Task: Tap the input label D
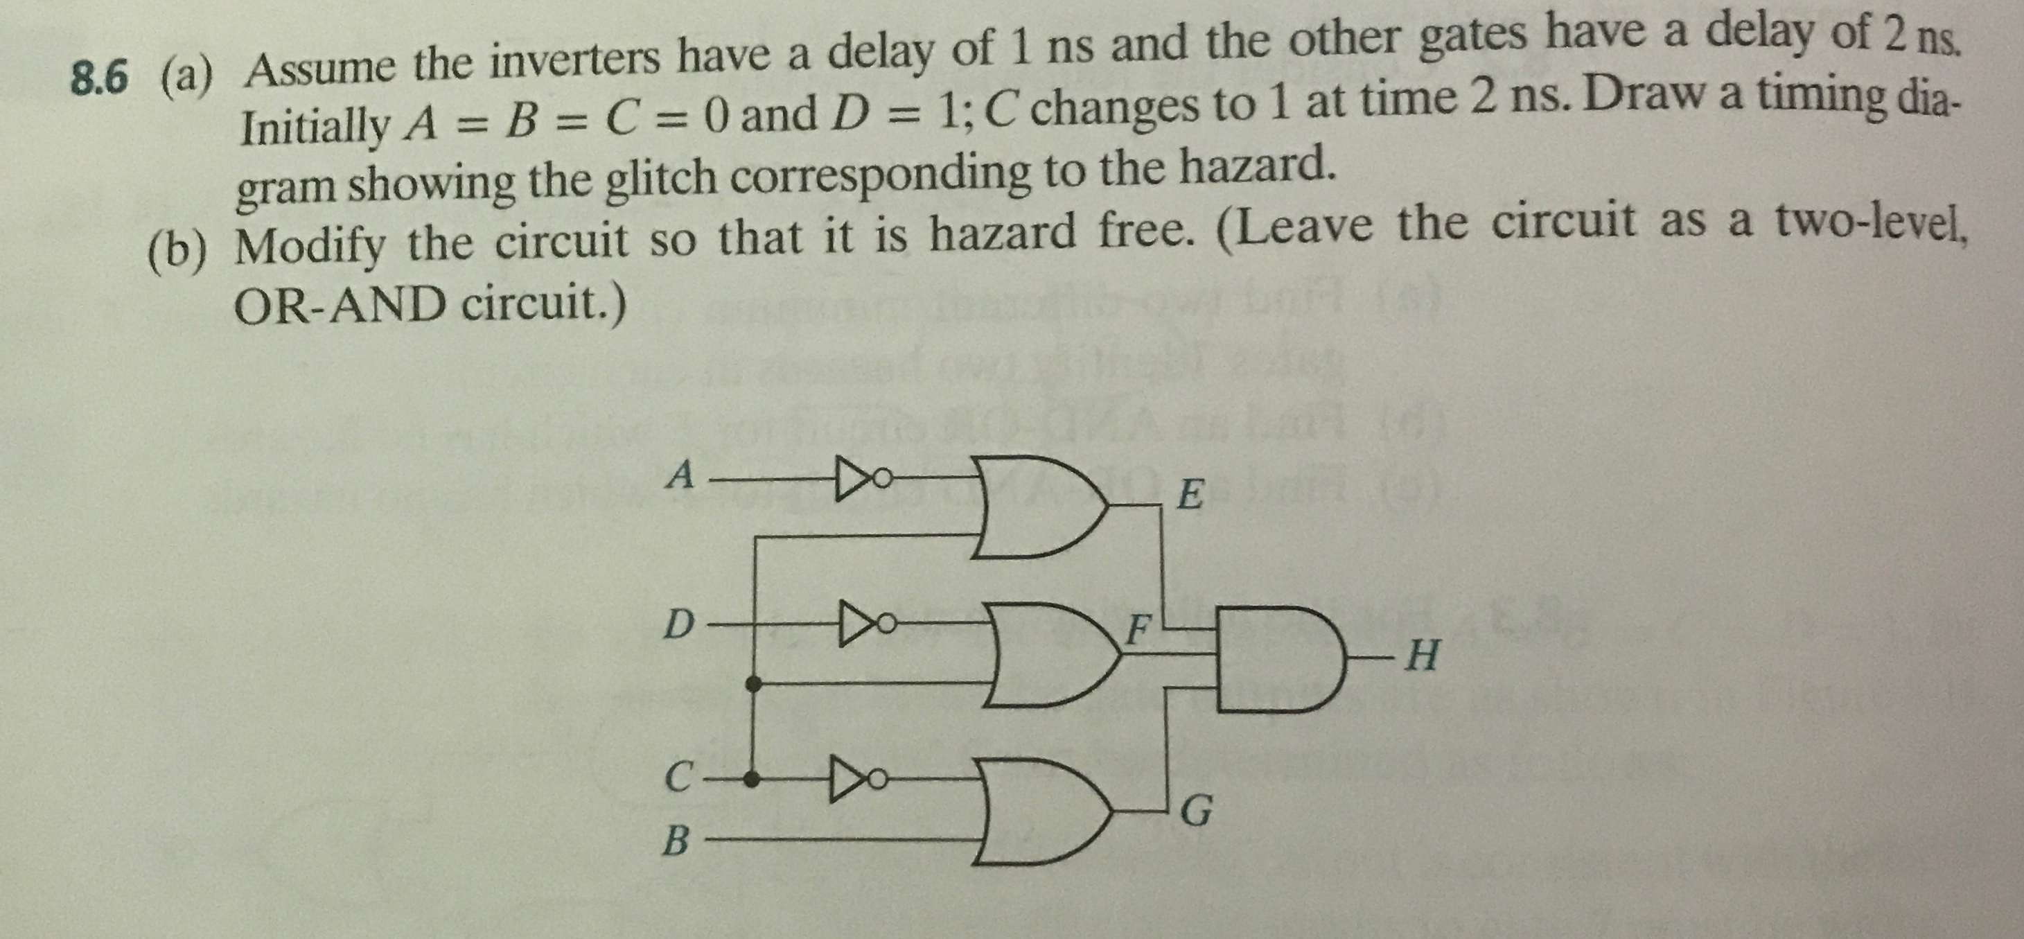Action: pos(680,626)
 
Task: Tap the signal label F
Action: pos(1138,627)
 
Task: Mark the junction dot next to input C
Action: pos(752,780)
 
